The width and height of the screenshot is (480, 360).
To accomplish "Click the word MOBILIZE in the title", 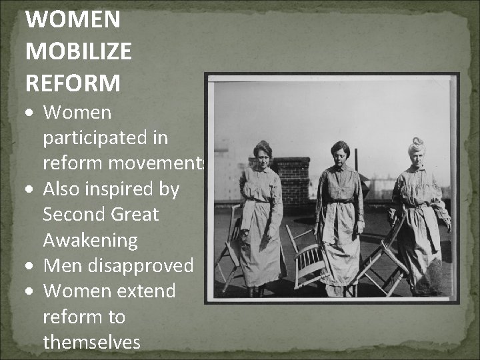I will tap(79, 51).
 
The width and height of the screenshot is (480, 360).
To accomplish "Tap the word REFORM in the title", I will tap(73, 83).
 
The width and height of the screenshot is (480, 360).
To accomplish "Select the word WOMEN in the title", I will tap(73, 19).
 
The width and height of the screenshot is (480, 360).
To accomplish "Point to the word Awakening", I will tap(90, 240).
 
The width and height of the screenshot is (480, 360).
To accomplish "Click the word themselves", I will tap(91, 342).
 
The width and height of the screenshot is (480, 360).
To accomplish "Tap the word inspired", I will tap(129, 189).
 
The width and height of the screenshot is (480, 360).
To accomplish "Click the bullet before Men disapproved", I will tap(31, 266).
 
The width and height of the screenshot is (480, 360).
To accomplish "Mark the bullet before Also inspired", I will tap(31, 190).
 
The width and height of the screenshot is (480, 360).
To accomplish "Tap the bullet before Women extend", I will tap(31, 291).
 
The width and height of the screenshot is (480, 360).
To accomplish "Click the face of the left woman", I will tap(262, 155).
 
